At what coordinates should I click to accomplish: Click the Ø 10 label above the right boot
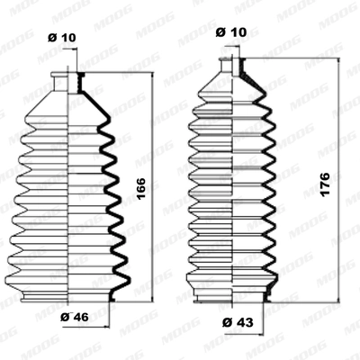click(x=233, y=32)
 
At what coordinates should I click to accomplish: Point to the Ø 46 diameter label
click(x=74, y=317)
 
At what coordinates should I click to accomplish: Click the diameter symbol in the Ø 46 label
click(x=66, y=317)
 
